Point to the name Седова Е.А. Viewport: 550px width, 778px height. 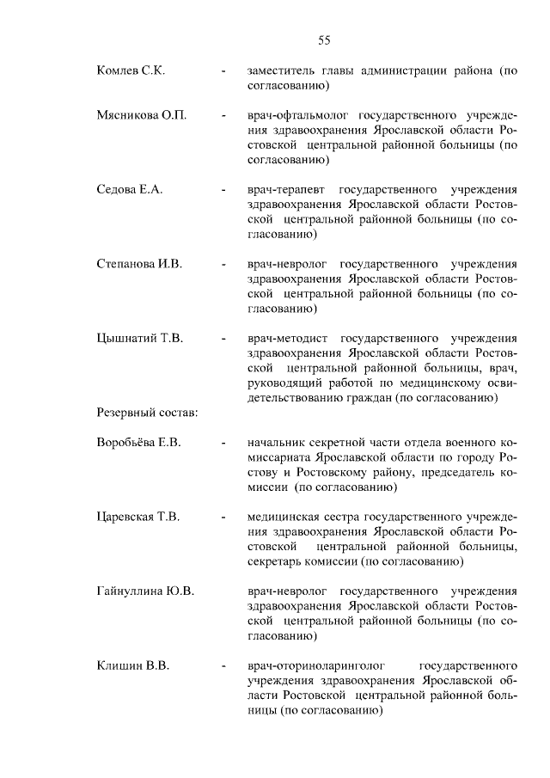(131, 188)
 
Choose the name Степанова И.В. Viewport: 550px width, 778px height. (140, 263)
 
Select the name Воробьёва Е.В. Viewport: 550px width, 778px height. (138, 443)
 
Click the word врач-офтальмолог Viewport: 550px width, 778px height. (298, 115)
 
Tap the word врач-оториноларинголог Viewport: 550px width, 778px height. (314, 665)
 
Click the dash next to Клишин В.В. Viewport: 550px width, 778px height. (223, 665)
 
